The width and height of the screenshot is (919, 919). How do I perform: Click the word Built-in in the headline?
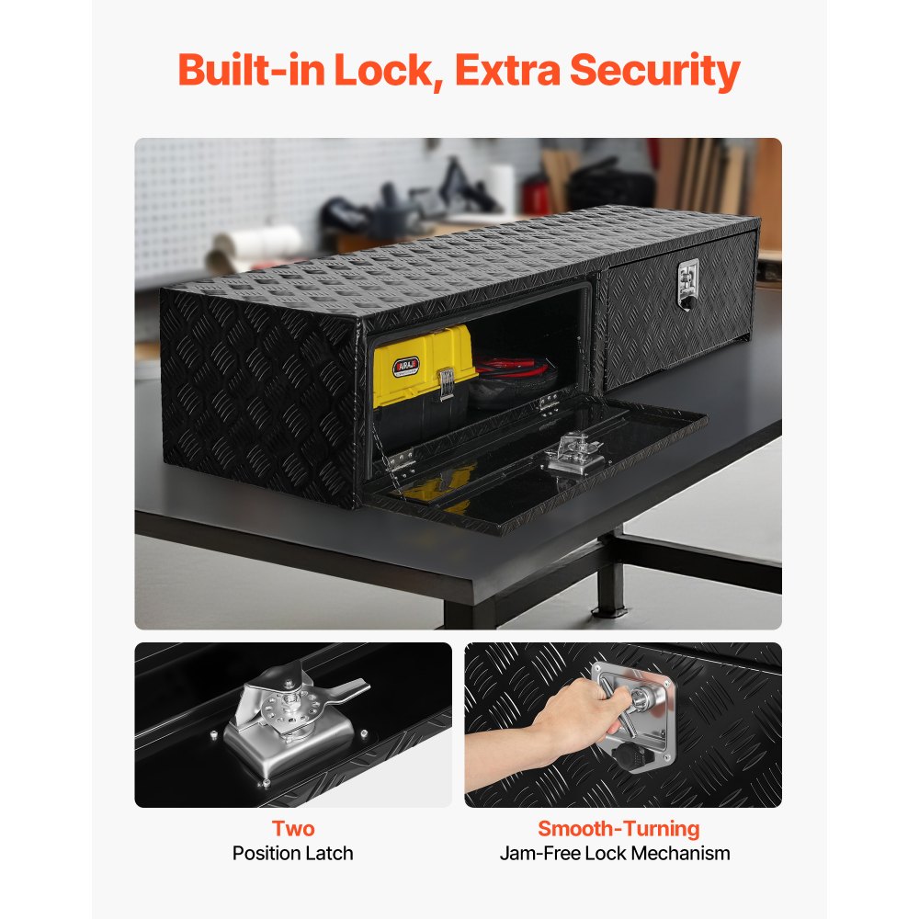pos(252,70)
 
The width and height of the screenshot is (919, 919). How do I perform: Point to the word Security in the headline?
pos(655,72)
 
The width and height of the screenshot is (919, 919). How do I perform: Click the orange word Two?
pos(293,829)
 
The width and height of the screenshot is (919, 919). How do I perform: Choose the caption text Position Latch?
pos(293,854)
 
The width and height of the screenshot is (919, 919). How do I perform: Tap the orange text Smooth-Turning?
pos(618,829)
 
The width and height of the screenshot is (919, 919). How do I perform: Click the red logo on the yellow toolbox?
pos(406,367)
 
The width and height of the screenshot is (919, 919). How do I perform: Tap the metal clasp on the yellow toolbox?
pos(446,384)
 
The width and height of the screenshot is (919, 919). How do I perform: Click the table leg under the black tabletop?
pos(610,577)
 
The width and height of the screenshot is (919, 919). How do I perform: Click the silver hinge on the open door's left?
pos(401,462)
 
